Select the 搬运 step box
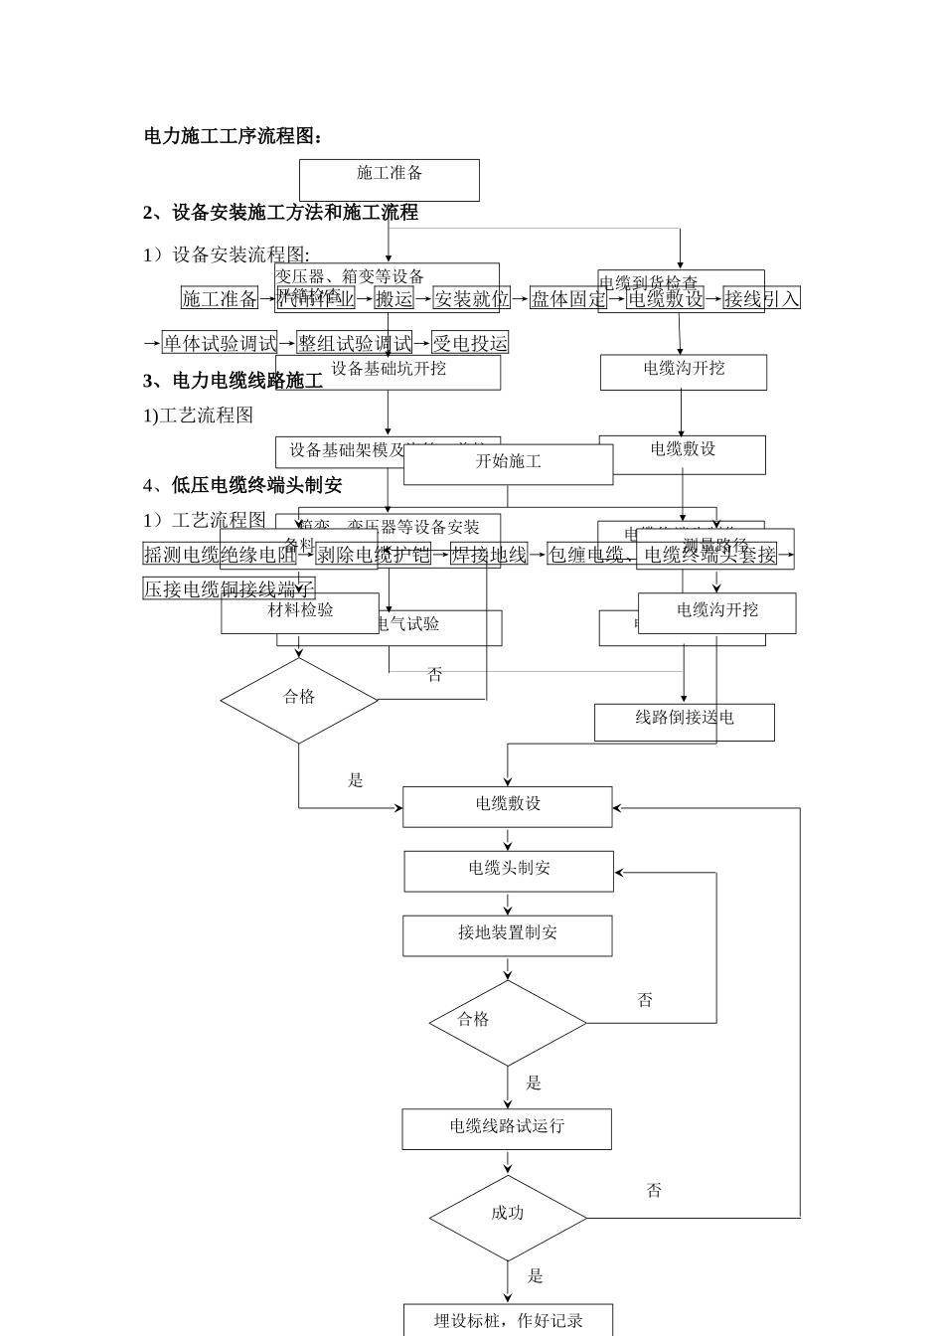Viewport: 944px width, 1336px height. click(393, 298)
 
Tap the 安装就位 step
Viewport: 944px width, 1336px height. click(471, 298)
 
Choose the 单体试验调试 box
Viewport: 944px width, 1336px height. click(220, 343)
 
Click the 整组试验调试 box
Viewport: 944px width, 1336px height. click(355, 343)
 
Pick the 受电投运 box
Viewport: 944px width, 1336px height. click(470, 343)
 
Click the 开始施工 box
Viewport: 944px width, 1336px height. click(508, 463)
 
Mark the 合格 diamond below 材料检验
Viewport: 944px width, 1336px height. click(299, 699)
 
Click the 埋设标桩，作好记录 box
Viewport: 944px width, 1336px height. click(508, 1320)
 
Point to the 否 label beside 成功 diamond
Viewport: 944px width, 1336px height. click(654, 1191)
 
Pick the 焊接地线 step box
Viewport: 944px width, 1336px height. click(488, 555)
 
